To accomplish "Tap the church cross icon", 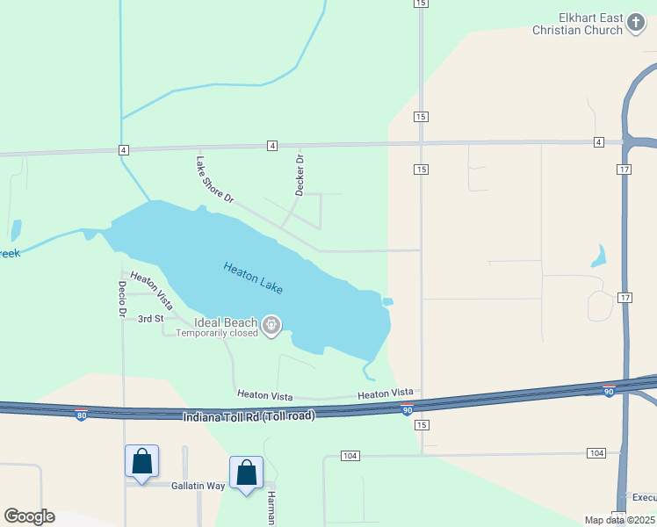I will tap(637, 25).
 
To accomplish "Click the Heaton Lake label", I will tap(253, 278).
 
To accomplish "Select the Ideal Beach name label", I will tap(226, 321).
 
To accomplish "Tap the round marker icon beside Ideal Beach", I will tap(272, 327).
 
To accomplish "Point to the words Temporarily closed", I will tap(217, 333).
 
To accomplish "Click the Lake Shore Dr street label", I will tap(215, 179).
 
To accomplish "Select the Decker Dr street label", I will tap(300, 175).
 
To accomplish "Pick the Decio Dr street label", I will tap(122, 300).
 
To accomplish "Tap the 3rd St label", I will tap(151, 319).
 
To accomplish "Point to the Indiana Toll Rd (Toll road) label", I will tap(249, 415).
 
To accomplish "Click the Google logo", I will tap(29, 516).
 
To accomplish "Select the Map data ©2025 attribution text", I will tap(620, 520).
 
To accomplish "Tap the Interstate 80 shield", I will tap(81, 415).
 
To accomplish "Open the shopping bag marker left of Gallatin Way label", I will tap(141, 462).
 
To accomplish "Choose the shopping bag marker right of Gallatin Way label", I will tap(246, 473).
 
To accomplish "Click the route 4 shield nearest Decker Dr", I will tap(272, 145).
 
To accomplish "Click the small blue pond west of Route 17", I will tap(599, 256).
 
